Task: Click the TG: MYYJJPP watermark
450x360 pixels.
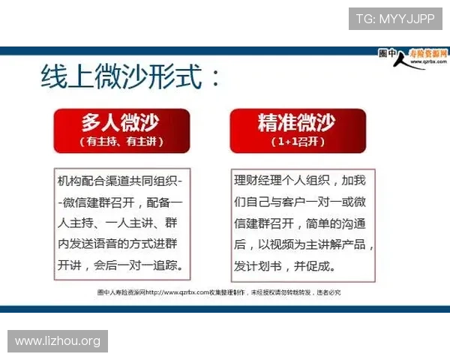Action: pos(394,19)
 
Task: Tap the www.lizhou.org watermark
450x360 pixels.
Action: pos(57,341)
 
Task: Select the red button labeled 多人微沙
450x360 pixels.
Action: pos(121,124)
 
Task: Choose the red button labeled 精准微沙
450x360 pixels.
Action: pos(296,124)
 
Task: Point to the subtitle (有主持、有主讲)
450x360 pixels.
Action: pos(121,141)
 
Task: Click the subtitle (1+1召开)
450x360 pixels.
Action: pos(296,141)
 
